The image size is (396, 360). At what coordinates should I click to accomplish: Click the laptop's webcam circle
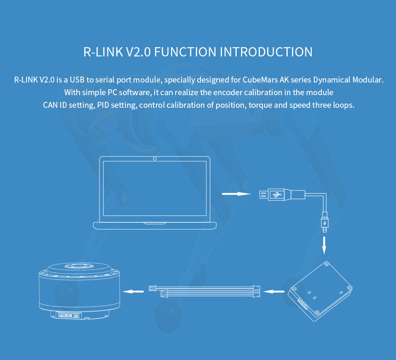pos(155,159)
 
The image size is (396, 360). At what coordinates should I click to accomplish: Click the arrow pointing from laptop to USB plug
pos(236,194)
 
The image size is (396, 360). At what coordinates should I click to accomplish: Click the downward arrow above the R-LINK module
pos(324,245)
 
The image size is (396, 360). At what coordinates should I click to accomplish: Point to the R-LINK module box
pos(321,291)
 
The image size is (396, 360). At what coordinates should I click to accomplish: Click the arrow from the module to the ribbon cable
pos(273,292)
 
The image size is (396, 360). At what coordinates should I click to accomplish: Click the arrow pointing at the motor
pos(133,292)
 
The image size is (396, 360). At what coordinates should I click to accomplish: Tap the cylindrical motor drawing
pos(79,291)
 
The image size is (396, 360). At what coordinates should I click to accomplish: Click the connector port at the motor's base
pos(68,315)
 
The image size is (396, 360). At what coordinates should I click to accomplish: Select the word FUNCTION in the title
pos(185,52)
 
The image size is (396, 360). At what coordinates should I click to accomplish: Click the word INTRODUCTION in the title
pos(266,52)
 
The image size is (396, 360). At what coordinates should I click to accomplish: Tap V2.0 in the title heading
pos(138,52)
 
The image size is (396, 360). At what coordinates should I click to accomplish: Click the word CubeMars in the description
pos(260,80)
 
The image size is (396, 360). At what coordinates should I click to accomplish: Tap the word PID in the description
pos(103,105)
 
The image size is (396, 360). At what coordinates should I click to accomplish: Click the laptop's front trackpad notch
pos(155,224)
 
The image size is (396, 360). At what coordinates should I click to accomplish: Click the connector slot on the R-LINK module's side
pos(303,304)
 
